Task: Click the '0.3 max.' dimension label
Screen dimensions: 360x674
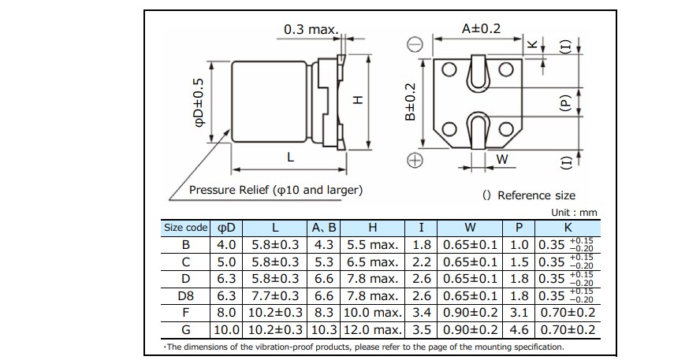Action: pyautogui.click(x=310, y=30)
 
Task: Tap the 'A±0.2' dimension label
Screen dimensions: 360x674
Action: pyautogui.click(x=480, y=29)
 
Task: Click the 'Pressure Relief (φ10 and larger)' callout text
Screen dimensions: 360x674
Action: pyautogui.click(x=276, y=191)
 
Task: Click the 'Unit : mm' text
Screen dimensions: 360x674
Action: pyautogui.click(x=574, y=213)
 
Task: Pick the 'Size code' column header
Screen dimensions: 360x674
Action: pyautogui.click(x=186, y=228)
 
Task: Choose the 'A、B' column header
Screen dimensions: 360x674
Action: pyautogui.click(x=324, y=228)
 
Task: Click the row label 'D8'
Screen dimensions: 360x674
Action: pyautogui.click(x=186, y=295)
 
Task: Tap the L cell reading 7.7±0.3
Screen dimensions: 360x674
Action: pyautogui.click(x=275, y=295)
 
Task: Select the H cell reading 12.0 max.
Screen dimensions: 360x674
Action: pyautogui.click(x=372, y=329)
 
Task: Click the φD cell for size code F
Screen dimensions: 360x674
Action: pyautogui.click(x=226, y=313)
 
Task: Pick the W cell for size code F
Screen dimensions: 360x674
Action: pyautogui.click(x=470, y=313)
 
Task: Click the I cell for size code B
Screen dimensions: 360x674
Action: pyautogui.click(x=422, y=245)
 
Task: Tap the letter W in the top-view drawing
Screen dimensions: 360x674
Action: pyautogui.click(x=502, y=160)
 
